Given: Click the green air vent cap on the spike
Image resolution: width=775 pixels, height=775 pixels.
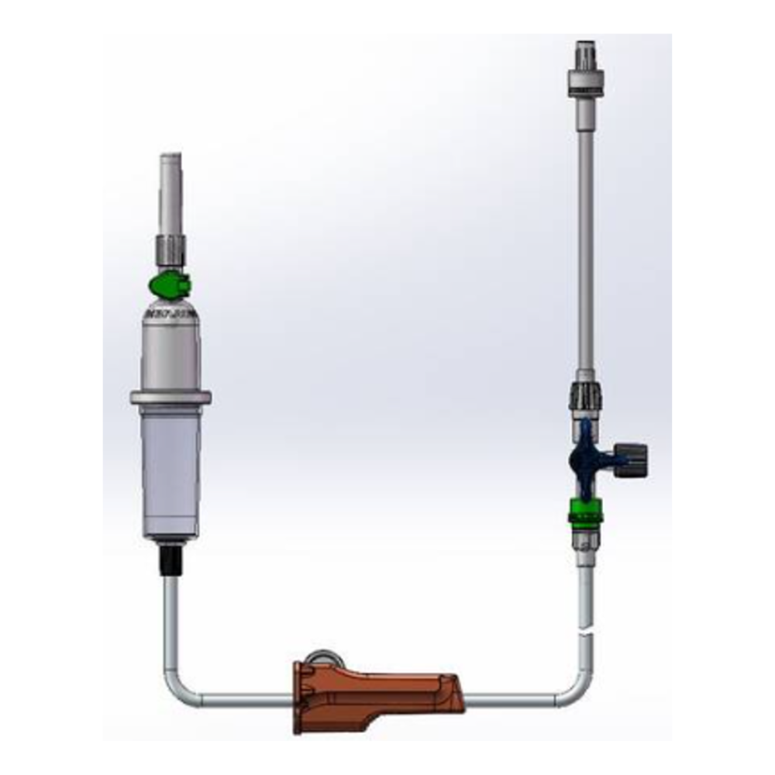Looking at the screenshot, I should (170, 285).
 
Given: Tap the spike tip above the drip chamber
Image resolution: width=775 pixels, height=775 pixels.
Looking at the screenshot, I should (170, 186).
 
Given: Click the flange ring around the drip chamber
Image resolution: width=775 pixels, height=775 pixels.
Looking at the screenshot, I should (170, 398).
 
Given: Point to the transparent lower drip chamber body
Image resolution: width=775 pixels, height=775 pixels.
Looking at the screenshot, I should (170, 473).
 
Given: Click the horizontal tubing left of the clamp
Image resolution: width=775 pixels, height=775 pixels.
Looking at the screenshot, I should (240, 701).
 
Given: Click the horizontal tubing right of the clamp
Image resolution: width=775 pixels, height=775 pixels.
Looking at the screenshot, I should (511, 701).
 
